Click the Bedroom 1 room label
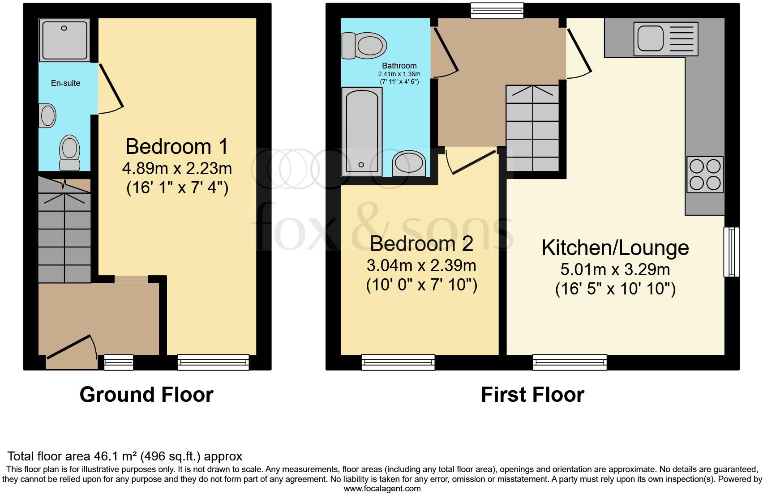177,147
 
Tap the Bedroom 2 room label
421,244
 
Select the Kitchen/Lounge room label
615,248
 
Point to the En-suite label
65,83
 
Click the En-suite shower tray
65,40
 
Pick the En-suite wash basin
47,115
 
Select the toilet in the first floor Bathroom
364,46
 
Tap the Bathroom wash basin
409,164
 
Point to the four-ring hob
705,175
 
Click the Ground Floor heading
146,395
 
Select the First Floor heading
532,395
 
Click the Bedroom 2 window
398,362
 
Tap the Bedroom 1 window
213,362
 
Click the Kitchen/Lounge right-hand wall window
732,251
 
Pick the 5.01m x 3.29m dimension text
615,270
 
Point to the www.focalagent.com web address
382,488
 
